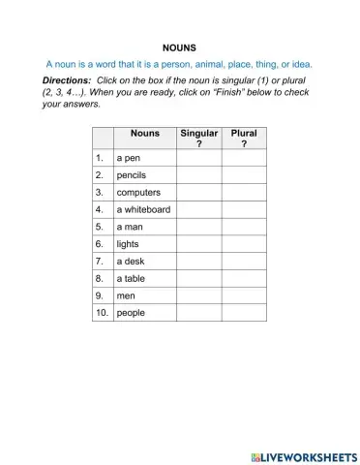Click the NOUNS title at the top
click(180, 46)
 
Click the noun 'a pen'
click(129, 157)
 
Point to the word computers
click(138, 192)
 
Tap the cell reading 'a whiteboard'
click(143, 209)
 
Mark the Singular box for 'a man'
click(198, 227)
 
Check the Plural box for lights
click(243, 244)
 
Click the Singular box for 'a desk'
click(198, 262)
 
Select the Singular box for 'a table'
click(198, 279)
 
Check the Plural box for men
click(243, 296)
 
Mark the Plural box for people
click(243, 314)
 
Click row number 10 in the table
click(102, 314)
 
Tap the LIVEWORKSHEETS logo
click(302, 454)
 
